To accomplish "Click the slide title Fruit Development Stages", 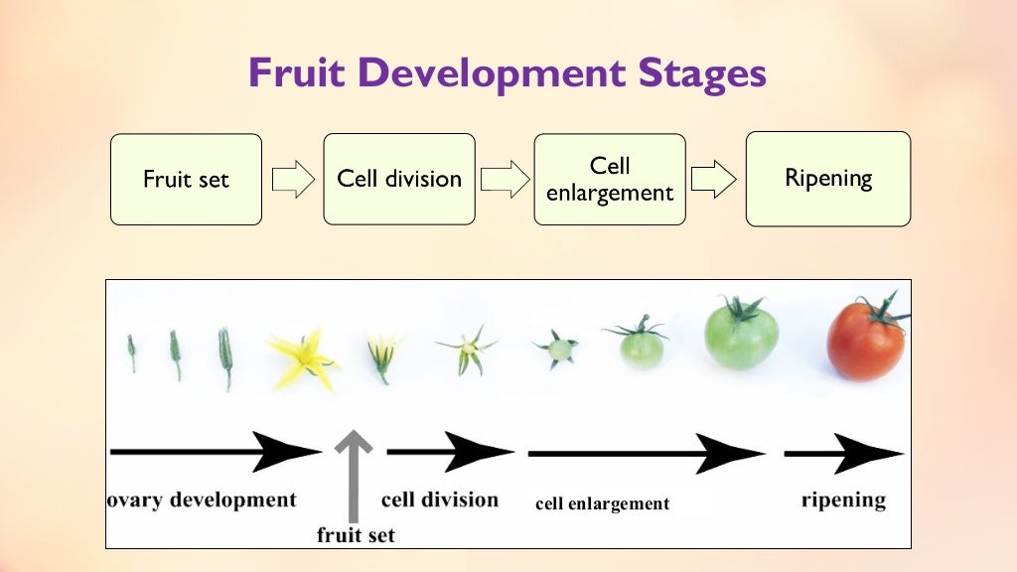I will coord(508,73).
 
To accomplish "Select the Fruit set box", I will coord(186,180).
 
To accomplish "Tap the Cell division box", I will coord(399,180).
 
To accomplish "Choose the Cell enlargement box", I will coord(610,180).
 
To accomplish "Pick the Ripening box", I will coord(828,179).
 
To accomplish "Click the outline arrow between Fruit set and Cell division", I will coord(292,180).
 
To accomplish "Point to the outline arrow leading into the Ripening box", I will coord(713,180).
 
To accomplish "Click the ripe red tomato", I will coord(865,343).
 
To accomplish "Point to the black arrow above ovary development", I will coord(215,452).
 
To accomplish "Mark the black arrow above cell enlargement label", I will coord(646,454).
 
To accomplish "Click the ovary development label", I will coord(202,499).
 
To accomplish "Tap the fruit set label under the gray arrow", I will coord(356,535).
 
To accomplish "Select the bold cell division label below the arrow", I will coord(440,499).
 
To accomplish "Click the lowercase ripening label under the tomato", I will coord(843,499).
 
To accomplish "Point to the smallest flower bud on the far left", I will coord(131,353).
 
